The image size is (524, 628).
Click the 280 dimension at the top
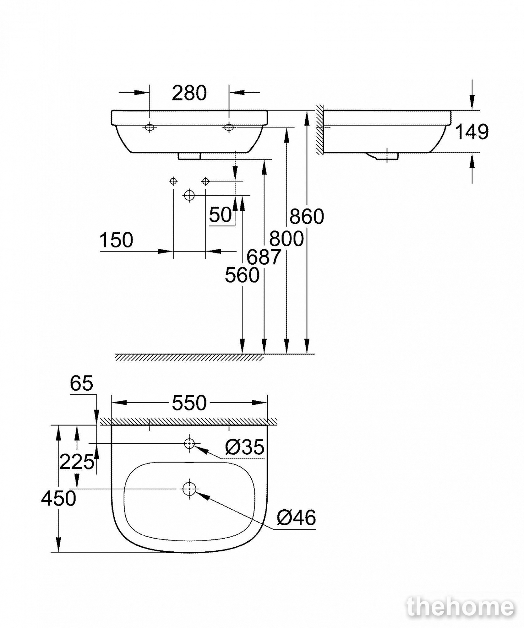pos(189,93)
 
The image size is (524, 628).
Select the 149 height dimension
pos(472,132)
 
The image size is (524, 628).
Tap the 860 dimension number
pos(307,216)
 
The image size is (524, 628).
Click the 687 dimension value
pos(264,257)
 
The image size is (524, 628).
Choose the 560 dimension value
pos(242,275)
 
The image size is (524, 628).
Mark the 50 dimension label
pos(221,215)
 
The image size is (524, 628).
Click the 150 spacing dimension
pos(116,240)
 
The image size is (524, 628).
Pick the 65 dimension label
pos(82,383)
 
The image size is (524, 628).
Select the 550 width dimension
pos(189,403)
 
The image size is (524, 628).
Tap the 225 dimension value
pos(77,462)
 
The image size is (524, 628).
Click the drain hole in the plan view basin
pos(189,489)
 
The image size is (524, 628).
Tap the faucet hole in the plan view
pos(189,443)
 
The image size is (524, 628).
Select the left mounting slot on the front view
pos(150,127)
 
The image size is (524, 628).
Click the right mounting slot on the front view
pos(229,127)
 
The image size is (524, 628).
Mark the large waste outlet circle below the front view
pos(189,195)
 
